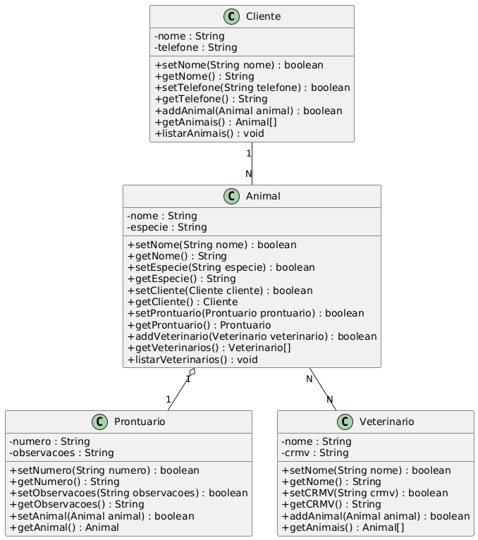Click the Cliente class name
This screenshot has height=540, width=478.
tap(263, 16)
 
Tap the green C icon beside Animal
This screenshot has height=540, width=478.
tap(231, 196)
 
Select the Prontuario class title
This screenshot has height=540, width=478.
tap(140, 422)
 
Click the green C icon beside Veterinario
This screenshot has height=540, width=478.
tap(345, 422)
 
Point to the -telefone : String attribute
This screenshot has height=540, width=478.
tap(195, 47)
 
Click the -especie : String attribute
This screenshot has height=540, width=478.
tap(167, 227)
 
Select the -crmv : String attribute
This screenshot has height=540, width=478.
tap(314, 453)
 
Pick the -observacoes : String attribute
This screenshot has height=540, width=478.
tap(61, 453)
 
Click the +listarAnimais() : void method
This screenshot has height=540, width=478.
tap(209, 133)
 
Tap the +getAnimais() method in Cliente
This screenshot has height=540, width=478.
tap(216, 122)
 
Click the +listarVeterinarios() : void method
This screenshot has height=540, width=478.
tap(192, 360)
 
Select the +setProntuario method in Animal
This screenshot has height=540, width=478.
tap(246, 313)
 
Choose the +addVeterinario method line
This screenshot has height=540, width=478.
tap(252, 336)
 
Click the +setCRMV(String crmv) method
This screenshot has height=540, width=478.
tap(365, 493)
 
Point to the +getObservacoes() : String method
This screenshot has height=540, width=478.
tap(77, 504)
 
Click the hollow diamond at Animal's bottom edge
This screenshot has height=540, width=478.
tap(192, 372)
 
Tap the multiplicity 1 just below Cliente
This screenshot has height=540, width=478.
tap(249, 154)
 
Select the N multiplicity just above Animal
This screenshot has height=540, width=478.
tap(249, 174)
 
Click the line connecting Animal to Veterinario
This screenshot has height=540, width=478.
tap(323, 389)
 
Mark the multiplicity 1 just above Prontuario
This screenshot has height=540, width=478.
tap(168, 400)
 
